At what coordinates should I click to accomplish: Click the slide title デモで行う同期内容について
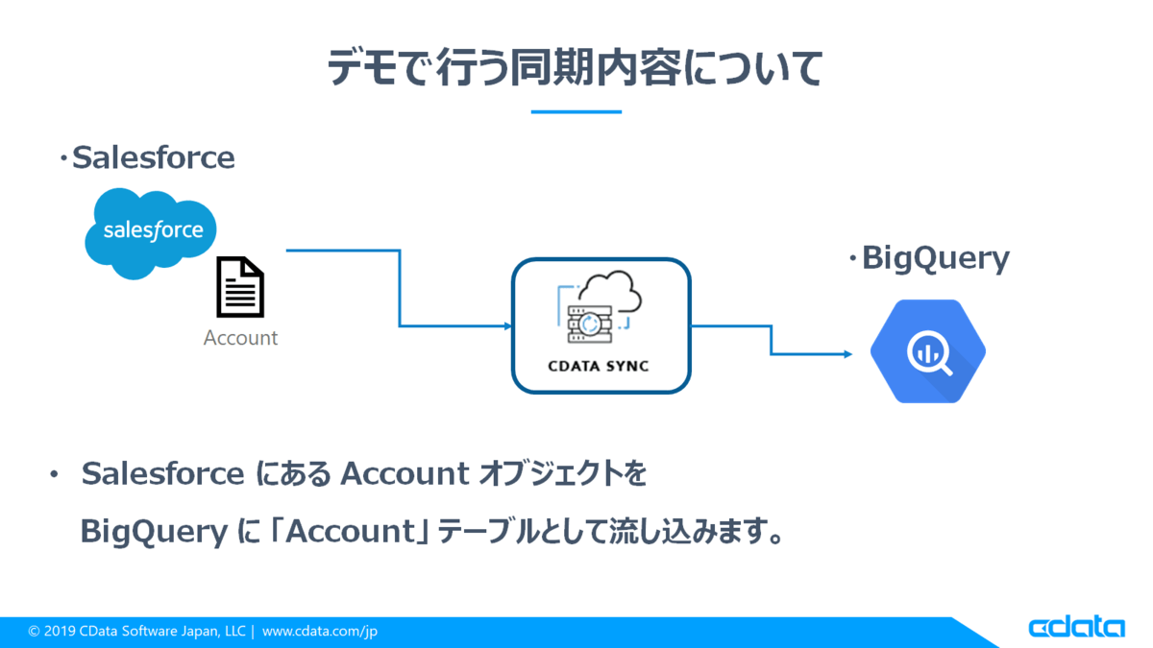[x=575, y=67]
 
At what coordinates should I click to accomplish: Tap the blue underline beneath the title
[x=576, y=111]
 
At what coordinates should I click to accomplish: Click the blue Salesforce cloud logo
[x=150, y=233]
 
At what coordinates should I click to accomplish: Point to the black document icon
[x=240, y=286]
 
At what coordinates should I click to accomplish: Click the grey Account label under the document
[x=240, y=338]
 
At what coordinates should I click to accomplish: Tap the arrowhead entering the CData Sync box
[x=508, y=325]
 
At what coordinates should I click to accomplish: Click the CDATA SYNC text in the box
[x=598, y=366]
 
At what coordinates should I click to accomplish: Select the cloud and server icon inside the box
[x=600, y=307]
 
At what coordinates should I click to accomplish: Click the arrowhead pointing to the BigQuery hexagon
[x=847, y=354]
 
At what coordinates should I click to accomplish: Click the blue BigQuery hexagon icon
[x=927, y=351]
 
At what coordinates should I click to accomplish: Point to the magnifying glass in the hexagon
[x=930, y=353]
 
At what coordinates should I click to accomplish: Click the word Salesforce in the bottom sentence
[x=162, y=473]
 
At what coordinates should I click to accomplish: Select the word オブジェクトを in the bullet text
[x=562, y=473]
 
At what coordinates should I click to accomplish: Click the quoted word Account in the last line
[x=351, y=531]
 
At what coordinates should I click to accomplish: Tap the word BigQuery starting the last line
[x=154, y=532]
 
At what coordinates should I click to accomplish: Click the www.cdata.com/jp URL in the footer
[x=320, y=631]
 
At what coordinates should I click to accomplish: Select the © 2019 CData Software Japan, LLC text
[x=136, y=631]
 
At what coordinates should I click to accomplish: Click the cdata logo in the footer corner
[x=1077, y=626]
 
